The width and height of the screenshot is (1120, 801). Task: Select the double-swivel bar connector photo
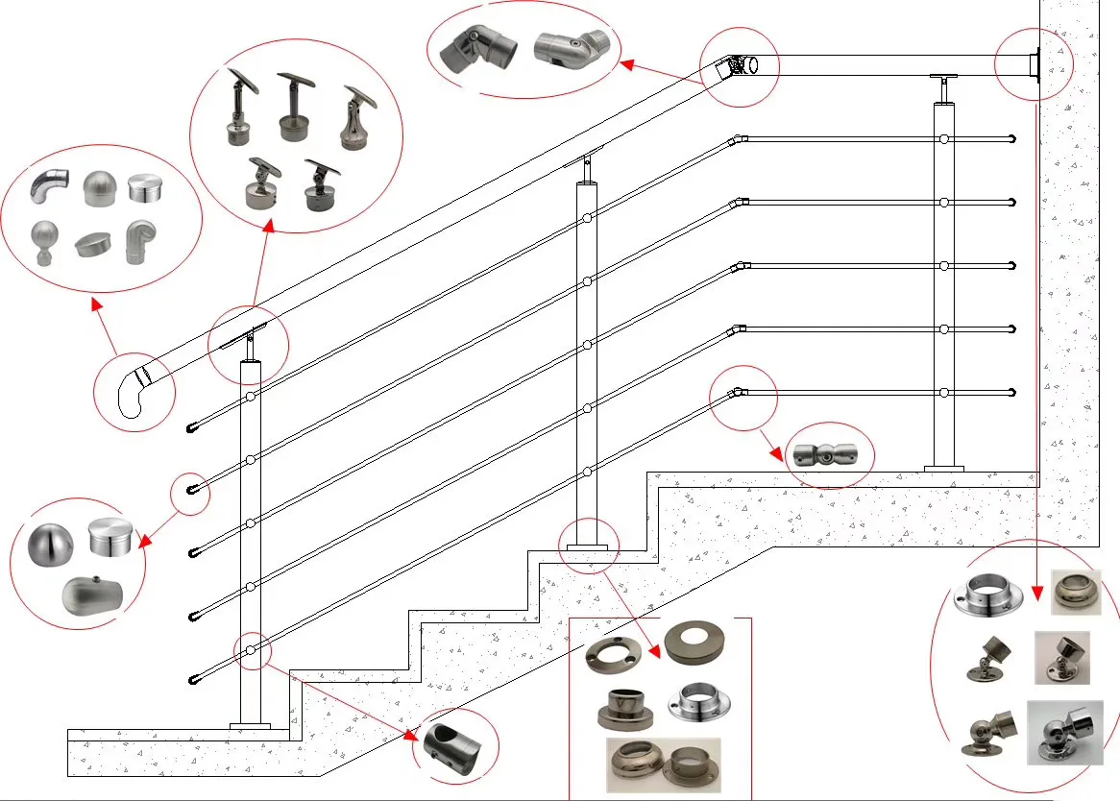[827, 455]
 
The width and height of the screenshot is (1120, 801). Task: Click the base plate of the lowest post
[250, 725]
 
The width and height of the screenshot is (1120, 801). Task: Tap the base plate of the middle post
[587, 547]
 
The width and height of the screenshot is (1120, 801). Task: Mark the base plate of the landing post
[943, 469]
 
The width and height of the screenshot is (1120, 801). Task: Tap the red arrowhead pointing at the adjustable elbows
[625, 64]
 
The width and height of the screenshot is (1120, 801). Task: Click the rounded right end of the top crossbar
[1012, 139]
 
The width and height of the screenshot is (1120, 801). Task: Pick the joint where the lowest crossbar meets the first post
[250, 651]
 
